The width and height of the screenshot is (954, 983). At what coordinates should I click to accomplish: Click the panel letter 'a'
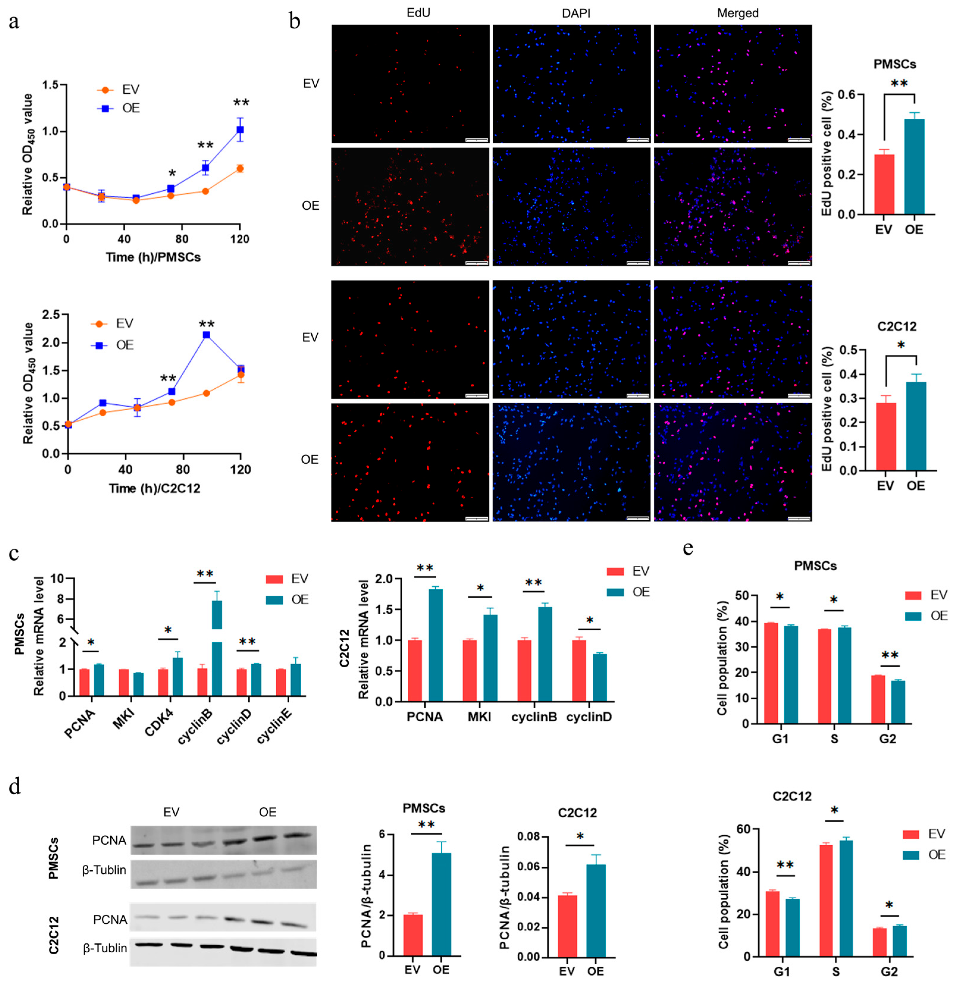point(14,23)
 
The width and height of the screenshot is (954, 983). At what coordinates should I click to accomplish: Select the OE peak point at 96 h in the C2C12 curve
point(206,335)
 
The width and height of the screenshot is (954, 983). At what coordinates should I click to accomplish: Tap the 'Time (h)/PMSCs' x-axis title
point(153,257)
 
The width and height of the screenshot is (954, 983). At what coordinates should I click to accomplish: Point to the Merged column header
point(737,13)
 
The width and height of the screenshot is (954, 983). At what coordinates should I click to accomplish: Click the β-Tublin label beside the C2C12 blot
point(105,948)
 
